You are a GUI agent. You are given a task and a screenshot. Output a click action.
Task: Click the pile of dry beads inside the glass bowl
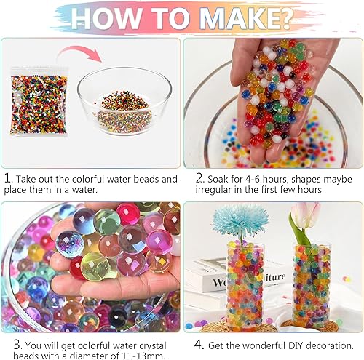tap(123, 112)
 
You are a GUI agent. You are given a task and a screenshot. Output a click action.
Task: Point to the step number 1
tap(8, 179)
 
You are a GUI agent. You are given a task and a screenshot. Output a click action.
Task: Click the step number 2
tap(199, 179)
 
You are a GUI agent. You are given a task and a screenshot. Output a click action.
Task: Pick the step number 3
tap(17, 345)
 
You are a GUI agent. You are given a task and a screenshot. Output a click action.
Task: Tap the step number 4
tap(199, 345)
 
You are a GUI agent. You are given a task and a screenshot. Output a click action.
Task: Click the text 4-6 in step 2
tap(253, 179)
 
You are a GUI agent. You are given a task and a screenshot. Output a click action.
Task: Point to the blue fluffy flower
tap(240, 221)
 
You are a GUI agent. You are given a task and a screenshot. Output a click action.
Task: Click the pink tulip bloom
tap(306, 215)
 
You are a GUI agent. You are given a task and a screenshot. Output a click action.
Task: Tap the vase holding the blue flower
tap(245, 286)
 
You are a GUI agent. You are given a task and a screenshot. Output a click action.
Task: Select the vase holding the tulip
tap(312, 286)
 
